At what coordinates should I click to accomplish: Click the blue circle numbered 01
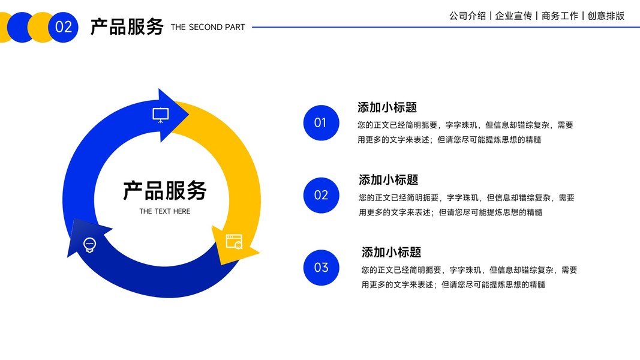click(321, 123)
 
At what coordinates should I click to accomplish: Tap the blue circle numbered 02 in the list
click(321, 195)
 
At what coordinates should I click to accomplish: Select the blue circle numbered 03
click(321, 268)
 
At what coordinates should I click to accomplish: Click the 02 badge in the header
click(63, 27)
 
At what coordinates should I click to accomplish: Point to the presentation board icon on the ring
click(160, 115)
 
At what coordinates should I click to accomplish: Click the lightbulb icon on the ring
click(89, 244)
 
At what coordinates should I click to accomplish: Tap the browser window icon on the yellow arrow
click(233, 242)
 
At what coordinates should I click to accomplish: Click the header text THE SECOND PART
click(208, 27)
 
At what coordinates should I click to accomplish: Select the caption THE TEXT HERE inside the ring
click(164, 211)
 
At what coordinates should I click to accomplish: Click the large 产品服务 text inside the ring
click(164, 190)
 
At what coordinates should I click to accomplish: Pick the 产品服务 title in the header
click(127, 26)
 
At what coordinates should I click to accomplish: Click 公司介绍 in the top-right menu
click(467, 16)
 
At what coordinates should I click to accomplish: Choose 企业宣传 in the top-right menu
click(513, 16)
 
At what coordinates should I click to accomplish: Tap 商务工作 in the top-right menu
click(560, 16)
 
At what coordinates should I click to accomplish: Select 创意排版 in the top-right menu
click(606, 16)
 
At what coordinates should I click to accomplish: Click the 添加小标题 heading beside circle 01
click(387, 107)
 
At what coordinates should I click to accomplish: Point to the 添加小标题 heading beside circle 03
click(391, 252)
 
